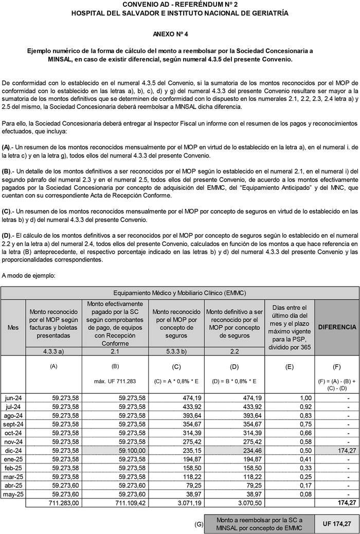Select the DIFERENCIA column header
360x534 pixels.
(337, 327)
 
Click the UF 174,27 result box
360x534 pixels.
(337, 524)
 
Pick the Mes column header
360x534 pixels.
(11, 327)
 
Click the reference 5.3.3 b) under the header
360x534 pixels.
(176, 351)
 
